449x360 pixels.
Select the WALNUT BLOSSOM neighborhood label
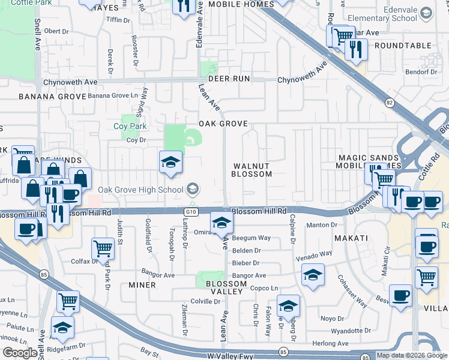pyautogui.click(x=252, y=170)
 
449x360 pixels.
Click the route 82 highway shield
pyautogui.click(x=390, y=103)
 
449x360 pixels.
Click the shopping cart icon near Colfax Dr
pyautogui.click(x=103, y=247)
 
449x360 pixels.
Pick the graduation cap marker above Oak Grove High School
pyautogui.click(x=170, y=162)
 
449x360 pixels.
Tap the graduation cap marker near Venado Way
pyautogui.click(x=312, y=275)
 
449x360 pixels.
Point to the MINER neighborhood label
pyautogui.click(x=142, y=286)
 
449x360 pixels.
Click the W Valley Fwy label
pyautogui.click(x=231, y=356)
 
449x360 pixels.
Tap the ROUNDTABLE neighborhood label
pyautogui.click(x=403, y=46)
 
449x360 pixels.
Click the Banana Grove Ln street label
pyautogui.click(x=117, y=95)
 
